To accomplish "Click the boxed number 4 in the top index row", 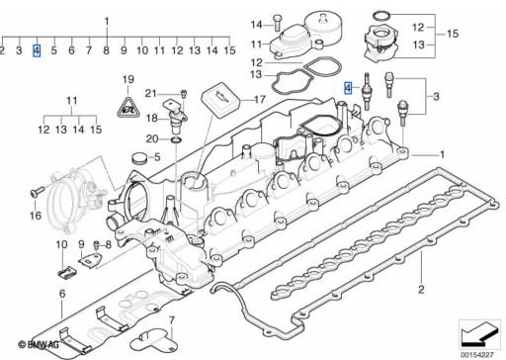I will click(x=37, y=48).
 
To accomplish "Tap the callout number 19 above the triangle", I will click(x=127, y=79).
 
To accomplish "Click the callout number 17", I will click(x=260, y=100).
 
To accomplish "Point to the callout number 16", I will click(x=35, y=215).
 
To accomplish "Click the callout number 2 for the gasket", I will click(x=421, y=288).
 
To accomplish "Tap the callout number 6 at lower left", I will click(x=60, y=294).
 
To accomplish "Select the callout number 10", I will click(x=60, y=244).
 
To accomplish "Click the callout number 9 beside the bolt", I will click(x=81, y=244).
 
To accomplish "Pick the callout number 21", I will click(x=151, y=94).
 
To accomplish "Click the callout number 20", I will click(x=151, y=139).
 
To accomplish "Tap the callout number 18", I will click(x=152, y=118).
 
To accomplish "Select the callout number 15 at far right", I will click(x=452, y=34).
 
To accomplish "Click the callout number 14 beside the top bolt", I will click(x=256, y=24).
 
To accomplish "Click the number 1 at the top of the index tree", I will click(x=107, y=20).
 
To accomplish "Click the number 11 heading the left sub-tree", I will click(x=70, y=101).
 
